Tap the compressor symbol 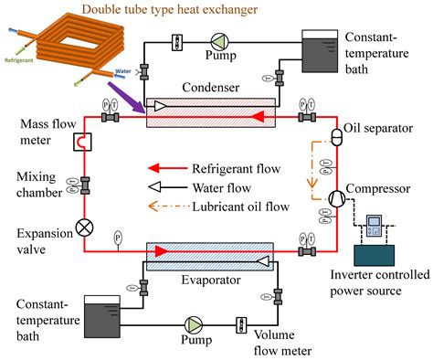pyautogui.click(x=335, y=196)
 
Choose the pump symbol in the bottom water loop pyautogui.click(x=194, y=325)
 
